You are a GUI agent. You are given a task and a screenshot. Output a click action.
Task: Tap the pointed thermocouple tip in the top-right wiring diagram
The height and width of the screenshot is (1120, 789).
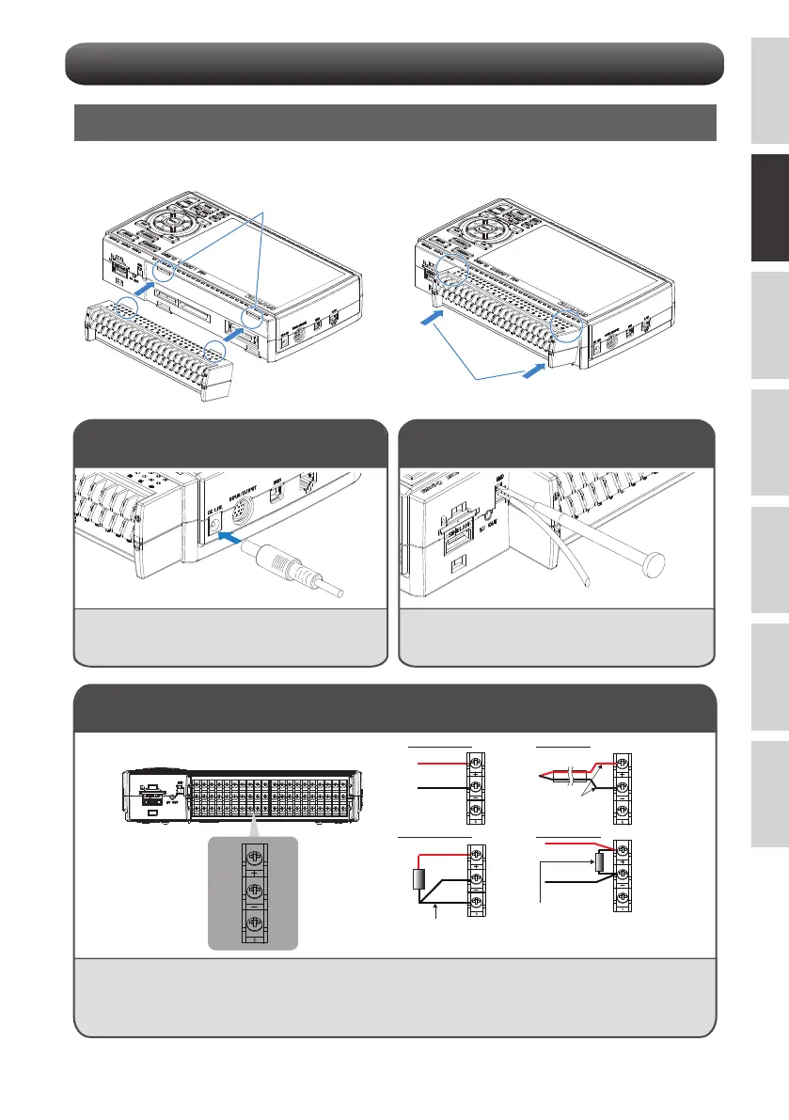point(540,777)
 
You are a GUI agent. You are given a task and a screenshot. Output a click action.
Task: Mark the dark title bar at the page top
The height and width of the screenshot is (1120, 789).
point(394,62)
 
